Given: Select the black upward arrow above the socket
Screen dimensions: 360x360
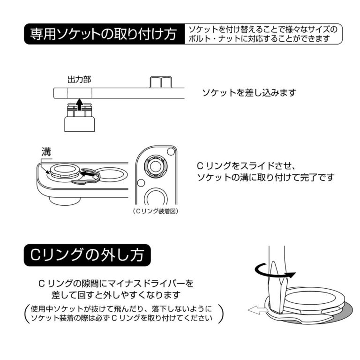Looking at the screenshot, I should point(79,103).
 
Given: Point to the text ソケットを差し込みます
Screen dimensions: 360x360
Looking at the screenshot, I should point(249,93).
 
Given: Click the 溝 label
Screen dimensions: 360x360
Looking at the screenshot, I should point(46,152).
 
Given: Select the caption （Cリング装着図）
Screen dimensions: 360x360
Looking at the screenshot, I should point(155,211).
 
